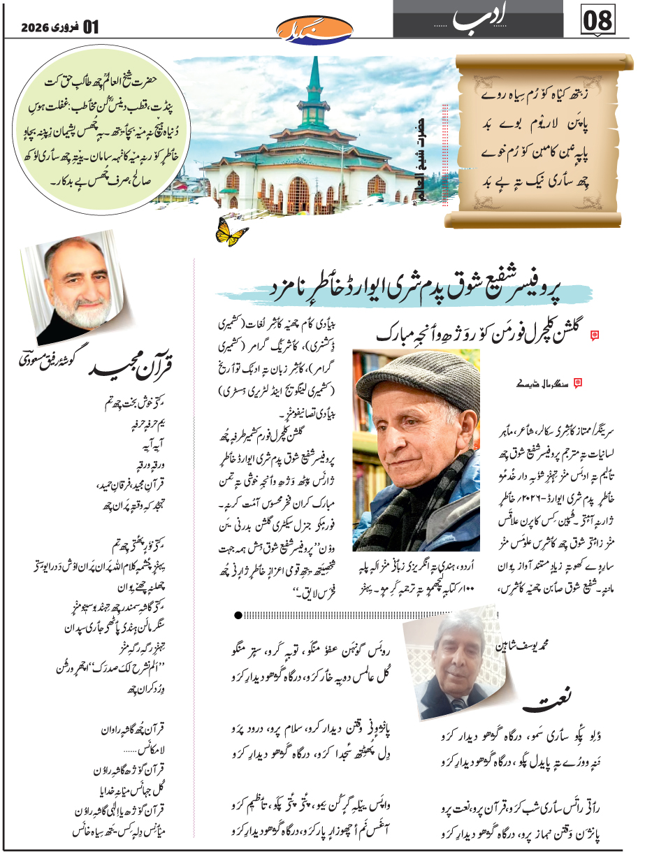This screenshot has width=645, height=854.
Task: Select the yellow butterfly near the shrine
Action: pos(231,233)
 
